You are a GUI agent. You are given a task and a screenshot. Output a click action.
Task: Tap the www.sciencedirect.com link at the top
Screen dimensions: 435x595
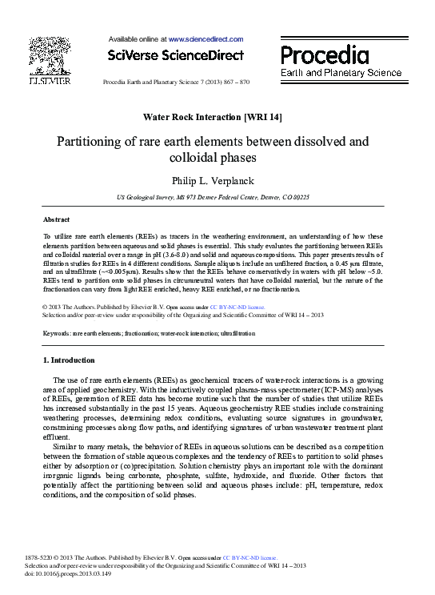coord(205,38)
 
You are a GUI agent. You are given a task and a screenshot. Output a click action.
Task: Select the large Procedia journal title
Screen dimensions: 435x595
coord(325,55)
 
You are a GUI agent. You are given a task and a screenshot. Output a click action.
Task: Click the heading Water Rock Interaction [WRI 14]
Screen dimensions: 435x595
coord(212,117)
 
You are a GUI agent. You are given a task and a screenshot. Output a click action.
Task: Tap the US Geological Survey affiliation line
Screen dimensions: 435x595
coord(212,196)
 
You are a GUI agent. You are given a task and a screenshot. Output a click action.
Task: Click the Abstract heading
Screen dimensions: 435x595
coord(55,219)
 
